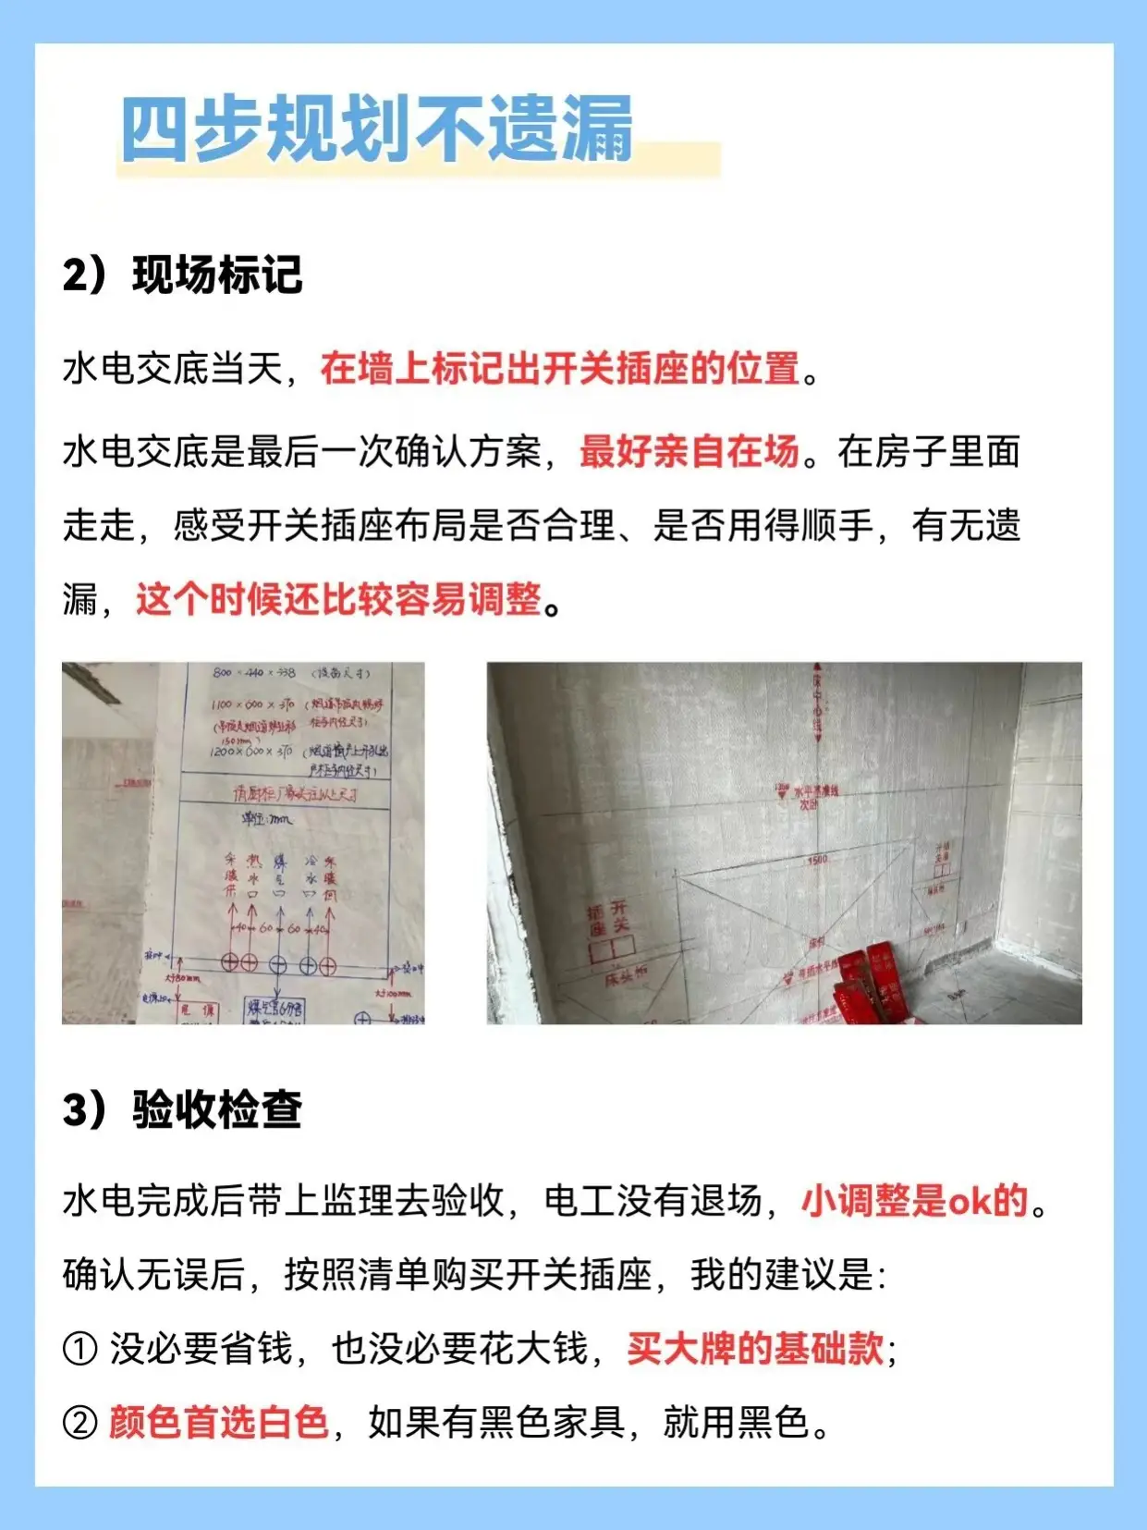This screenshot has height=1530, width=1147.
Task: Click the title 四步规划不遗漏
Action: [377, 129]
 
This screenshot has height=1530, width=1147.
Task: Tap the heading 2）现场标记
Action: [182, 275]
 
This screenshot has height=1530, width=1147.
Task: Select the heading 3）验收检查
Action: [182, 1109]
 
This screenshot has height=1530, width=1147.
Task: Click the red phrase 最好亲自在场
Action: [689, 451]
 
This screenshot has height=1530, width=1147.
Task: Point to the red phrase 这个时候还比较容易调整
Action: [338, 599]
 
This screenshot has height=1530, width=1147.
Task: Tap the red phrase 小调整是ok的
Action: [914, 1201]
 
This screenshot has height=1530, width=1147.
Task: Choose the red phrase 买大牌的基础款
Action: [755, 1348]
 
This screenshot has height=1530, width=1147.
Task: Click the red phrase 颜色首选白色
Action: [219, 1422]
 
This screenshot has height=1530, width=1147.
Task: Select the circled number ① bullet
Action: [79, 1349]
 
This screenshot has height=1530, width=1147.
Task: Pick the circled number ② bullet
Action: [79, 1423]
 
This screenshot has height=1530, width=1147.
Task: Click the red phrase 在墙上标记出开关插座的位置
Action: [559, 368]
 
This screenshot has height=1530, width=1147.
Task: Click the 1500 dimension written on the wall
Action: [817, 860]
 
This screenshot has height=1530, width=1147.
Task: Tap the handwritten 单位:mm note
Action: [266, 818]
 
